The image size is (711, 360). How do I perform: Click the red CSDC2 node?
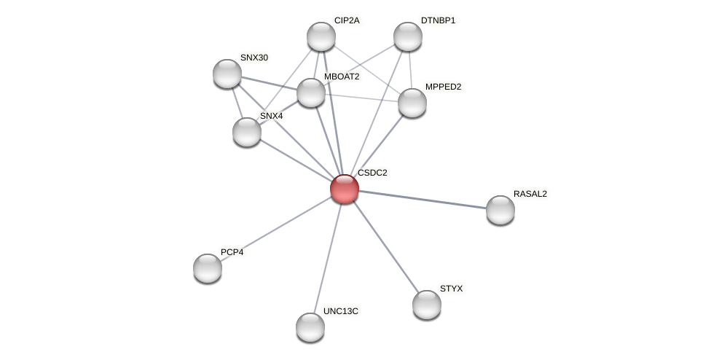[x=345, y=189]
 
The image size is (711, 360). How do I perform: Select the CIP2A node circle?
[x=321, y=36]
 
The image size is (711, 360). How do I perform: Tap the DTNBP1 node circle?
[x=408, y=36]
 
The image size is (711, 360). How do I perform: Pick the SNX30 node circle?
[x=227, y=74]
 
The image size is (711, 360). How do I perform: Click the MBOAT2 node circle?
[x=311, y=93]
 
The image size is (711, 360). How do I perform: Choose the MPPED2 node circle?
[x=412, y=103]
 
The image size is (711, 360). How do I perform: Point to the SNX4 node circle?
[x=247, y=132]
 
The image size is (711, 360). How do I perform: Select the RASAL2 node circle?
[x=500, y=210]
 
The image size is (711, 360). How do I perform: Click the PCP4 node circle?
[x=208, y=268]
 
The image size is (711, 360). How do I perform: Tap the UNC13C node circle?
[x=310, y=327]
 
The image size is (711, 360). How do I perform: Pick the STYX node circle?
[x=427, y=305]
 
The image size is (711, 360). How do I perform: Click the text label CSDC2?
[x=372, y=173]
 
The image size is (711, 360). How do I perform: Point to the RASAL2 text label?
[x=530, y=194]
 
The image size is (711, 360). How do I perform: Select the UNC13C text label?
[x=341, y=311]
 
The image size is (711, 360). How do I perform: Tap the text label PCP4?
[x=232, y=252]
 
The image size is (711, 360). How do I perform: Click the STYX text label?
[x=451, y=289]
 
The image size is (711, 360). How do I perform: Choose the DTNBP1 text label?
[x=438, y=20]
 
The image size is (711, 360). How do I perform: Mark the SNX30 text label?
[x=254, y=58]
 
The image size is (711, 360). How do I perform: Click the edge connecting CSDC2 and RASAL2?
[x=423, y=199]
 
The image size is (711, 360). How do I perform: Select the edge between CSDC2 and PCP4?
[x=276, y=228]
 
